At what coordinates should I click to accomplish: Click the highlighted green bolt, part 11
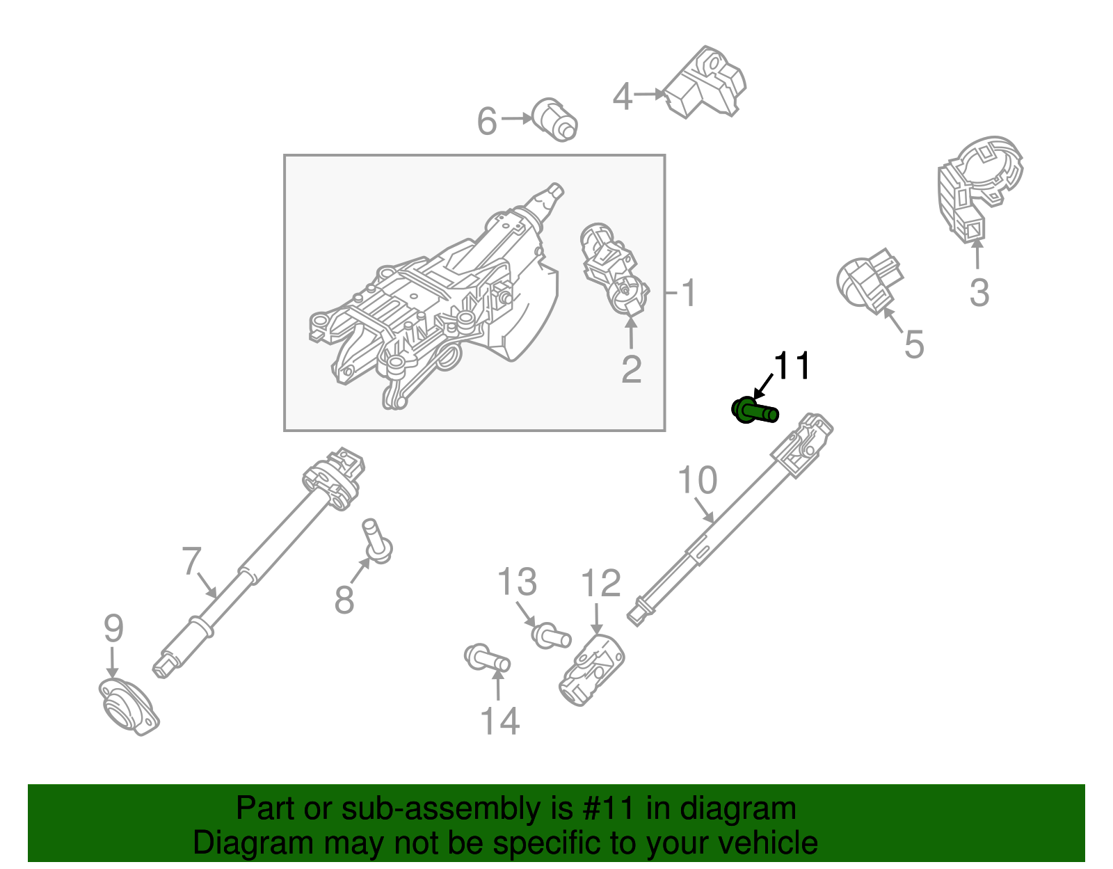point(754,411)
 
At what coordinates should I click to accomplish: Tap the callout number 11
point(792,366)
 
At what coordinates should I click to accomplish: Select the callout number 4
point(623,97)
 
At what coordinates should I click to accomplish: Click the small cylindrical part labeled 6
point(554,119)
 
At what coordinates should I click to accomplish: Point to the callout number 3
point(979,292)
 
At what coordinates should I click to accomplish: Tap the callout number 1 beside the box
point(688,293)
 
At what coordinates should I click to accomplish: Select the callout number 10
point(697,481)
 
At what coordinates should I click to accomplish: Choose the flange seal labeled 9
point(129,707)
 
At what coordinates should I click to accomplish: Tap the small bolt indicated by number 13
point(552,635)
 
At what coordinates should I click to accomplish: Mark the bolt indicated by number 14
point(487,657)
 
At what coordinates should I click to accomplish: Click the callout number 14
point(500,721)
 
